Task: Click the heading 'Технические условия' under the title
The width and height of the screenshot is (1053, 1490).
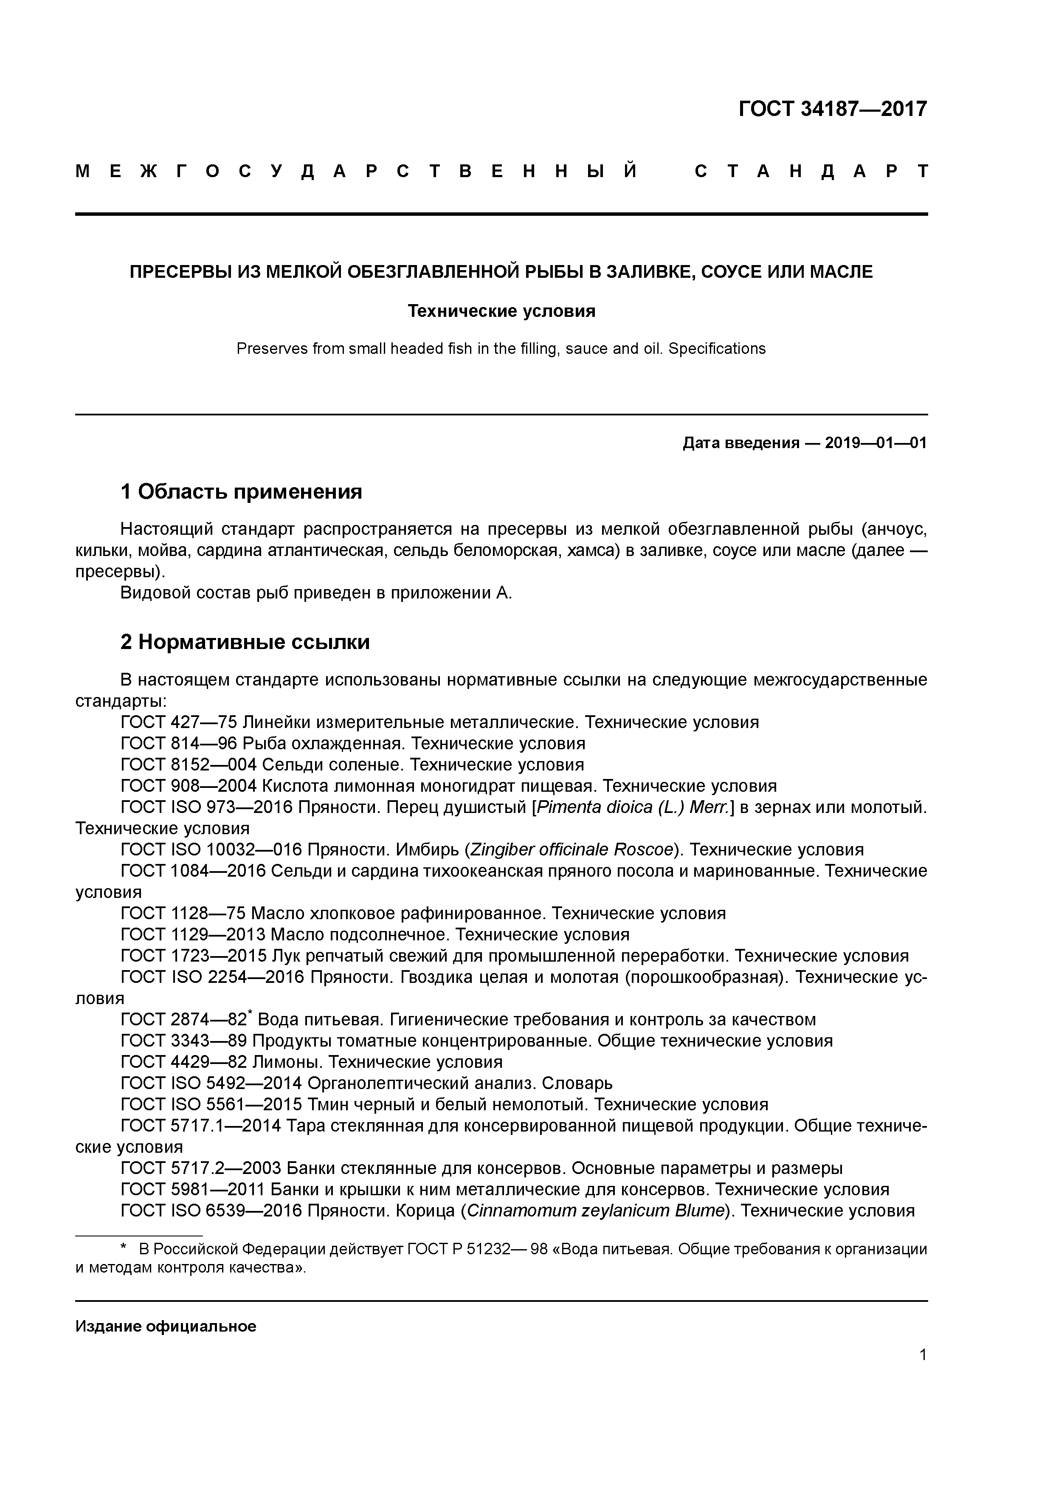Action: [x=501, y=311]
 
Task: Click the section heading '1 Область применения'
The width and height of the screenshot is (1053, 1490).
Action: [x=241, y=492]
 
